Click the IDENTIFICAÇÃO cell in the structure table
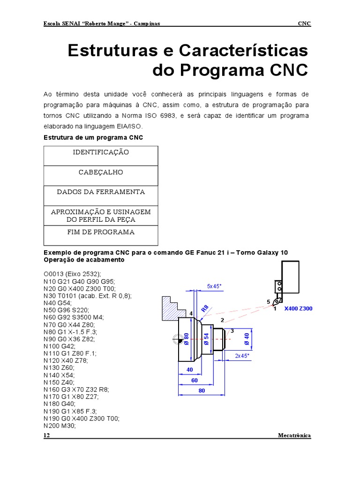click(101, 153)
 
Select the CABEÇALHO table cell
click(101, 172)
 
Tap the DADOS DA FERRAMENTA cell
click(101, 192)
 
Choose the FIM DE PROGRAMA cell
click(101, 232)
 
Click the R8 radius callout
click(205, 309)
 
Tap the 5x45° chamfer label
click(215, 285)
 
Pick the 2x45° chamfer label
click(242, 356)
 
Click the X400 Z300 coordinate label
click(298, 309)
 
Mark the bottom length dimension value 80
click(202, 390)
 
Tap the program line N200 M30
click(59, 426)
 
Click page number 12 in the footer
click(46, 435)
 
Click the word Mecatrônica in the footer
click(294, 435)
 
